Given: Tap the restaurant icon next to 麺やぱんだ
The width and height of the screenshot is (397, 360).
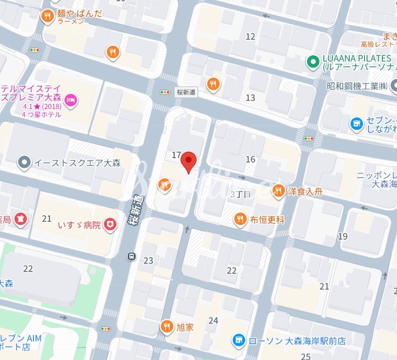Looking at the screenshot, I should tap(47, 16).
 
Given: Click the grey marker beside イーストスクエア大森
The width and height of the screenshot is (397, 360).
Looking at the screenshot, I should tap(23, 162).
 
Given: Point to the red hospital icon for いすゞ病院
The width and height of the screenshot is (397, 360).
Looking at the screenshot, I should tap(110, 225).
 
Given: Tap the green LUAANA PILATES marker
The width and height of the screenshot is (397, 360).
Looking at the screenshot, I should tap(312, 62).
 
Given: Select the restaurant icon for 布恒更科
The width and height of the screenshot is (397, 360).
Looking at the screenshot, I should tap(240, 219).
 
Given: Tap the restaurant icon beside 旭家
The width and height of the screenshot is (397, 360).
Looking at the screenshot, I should tap(166, 327).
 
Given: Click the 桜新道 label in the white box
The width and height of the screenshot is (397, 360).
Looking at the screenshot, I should tap(187, 92).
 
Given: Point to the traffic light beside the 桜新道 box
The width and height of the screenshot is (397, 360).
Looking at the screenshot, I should tap(165, 92).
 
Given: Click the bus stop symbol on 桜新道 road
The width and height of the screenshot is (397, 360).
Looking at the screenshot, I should tap(131, 257).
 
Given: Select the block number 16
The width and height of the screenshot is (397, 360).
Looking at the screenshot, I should tap(250, 159).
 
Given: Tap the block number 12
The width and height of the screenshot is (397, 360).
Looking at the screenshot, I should tap(250, 36).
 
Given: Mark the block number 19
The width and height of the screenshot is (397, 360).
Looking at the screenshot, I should tap(343, 236).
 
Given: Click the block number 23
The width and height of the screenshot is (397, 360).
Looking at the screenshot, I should tap(148, 260).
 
